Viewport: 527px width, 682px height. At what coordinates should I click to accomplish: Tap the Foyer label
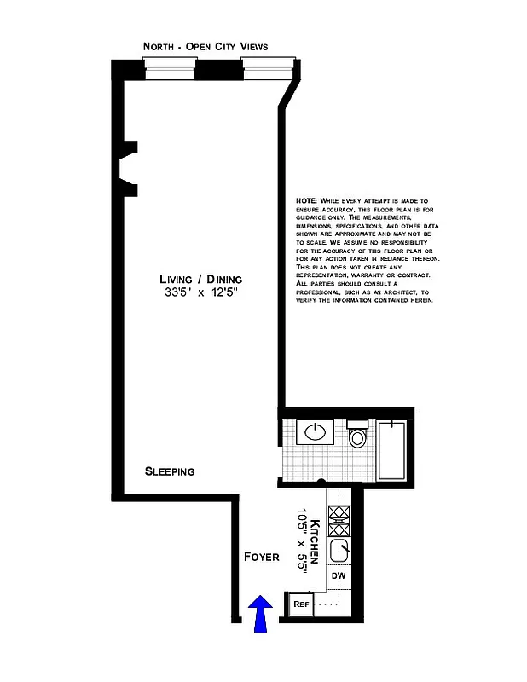tap(262, 557)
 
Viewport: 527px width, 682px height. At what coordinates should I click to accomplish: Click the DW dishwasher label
tap(339, 575)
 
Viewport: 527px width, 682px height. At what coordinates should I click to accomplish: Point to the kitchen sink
tap(339, 550)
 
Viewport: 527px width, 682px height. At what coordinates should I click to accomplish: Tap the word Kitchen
tap(316, 540)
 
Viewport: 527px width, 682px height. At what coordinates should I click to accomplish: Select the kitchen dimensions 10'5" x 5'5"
tap(301, 540)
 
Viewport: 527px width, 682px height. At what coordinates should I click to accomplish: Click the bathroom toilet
tap(358, 437)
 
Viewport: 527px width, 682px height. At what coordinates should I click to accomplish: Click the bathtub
tap(395, 449)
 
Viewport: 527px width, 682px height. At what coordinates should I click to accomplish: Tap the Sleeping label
tap(170, 471)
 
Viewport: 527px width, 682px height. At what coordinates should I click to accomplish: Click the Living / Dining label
tap(201, 280)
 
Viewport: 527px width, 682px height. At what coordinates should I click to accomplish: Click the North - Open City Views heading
tap(217, 46)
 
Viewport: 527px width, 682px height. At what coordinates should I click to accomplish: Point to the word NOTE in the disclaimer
tap(306, 199)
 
